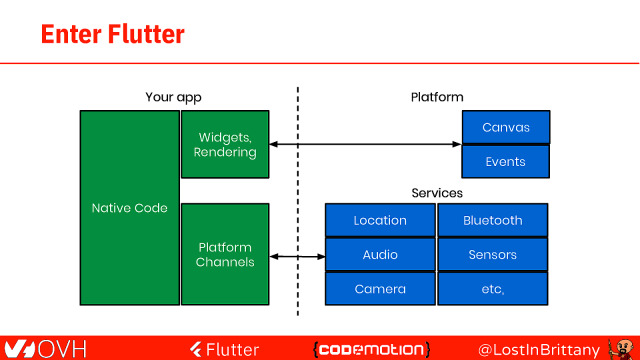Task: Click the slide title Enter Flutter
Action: pyautogui.click(x=112, y=34)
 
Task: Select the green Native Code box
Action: pyautogui.click(x=129, y=208)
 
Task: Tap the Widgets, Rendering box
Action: pyautogui.click(x=225, y=144)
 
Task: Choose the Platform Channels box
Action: pyautogui.click(x=225, y=254)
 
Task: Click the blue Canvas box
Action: pyautogui.click(x=505, y=128)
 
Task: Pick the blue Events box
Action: pyautogui.click(x=505, y=162)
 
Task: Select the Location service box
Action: pyautogui.click(x=380, y=220)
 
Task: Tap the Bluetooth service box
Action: pyautogui.click(x=493, y=220)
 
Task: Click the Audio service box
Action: pyautogui.click(x=380, y=254)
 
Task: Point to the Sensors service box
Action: pyautogui.click(x=493, y=254)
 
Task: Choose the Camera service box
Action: pyautogui.click(x=380, y=289)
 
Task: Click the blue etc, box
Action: pyautogui.click(x=493, y=289)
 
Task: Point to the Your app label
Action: pyautogui.click(x=174, y=98)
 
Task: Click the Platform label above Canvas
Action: pyautogui.click(x=437, y=98)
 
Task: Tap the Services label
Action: pyautogui.click(x=437, y=192)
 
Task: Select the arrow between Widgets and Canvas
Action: pyautogui.click(x=365, y=146)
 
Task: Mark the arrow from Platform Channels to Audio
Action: pyautogui.click(x=297, y=257)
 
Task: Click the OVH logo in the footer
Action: pyautogui.click(x=45, y=348)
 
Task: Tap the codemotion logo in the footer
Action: pyautogui.click(x=371, y=348)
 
